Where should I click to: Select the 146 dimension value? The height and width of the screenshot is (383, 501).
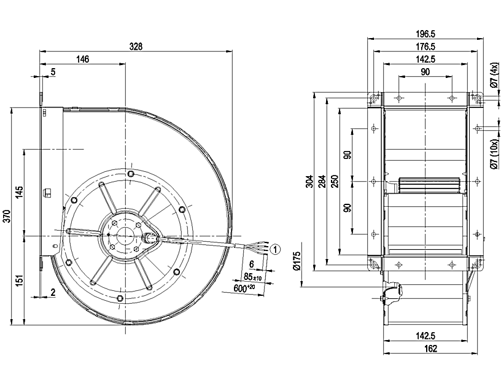(83, 60)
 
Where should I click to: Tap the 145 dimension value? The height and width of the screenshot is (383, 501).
(20, 191)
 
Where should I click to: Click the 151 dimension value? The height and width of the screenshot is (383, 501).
(20, 280)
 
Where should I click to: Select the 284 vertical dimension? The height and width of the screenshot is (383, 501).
(322, 182)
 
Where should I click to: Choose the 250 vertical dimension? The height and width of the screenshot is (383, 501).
(335, 182)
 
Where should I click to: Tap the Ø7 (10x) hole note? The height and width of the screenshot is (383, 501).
(494, 153)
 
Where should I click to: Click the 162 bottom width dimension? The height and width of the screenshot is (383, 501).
(430, 349)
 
